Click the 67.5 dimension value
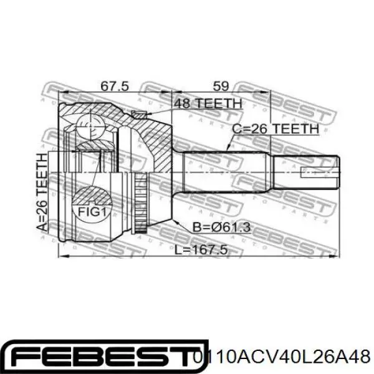coord(115,86)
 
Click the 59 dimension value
coord(221,86)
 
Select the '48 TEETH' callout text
coord(208,103)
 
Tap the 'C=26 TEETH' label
coord(276,129)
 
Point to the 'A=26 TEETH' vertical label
coord(43,192)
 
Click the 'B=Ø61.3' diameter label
coord(221,227)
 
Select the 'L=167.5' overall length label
coord(201,250)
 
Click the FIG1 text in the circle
coord(92,212)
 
